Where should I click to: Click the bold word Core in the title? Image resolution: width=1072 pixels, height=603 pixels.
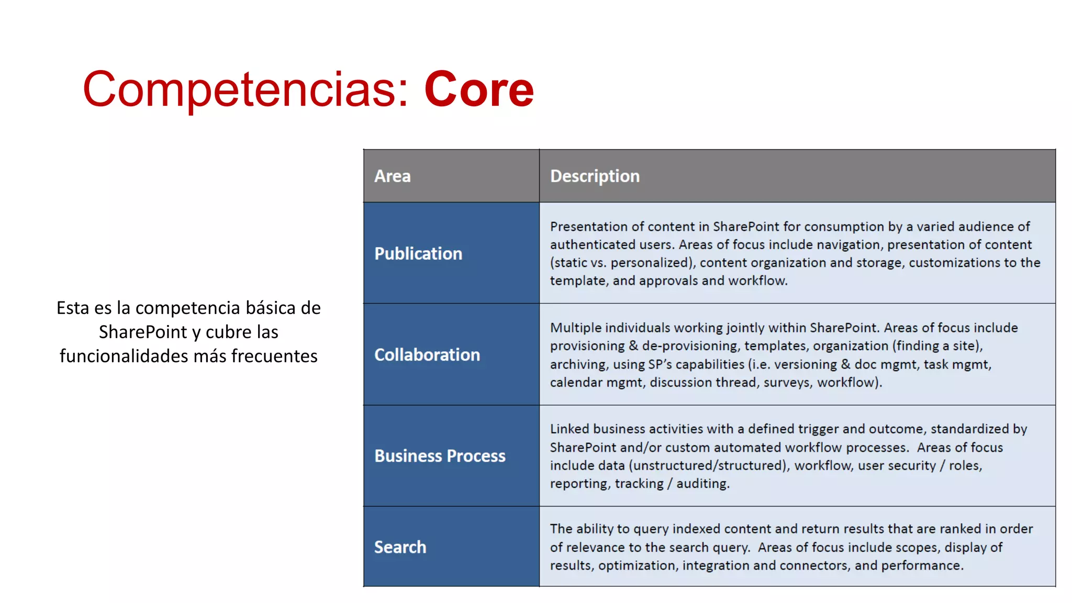coord(478,89)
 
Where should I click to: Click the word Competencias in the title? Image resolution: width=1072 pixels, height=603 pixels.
coord(239,90)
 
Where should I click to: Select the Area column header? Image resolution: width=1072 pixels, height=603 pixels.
coord(393,176)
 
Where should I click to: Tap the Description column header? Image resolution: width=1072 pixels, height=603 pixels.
coord(595,176)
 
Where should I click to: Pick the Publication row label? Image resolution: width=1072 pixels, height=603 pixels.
coord(418,253)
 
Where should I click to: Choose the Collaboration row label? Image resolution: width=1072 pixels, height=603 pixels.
coord(427,355)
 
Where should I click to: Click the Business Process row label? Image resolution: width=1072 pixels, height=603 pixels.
coord(440,456)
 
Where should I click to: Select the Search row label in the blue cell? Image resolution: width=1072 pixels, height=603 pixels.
coord(400,547)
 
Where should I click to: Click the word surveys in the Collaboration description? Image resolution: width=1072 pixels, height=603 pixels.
coord(787,382)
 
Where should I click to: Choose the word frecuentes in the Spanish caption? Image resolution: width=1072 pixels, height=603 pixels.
coord(274,356)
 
